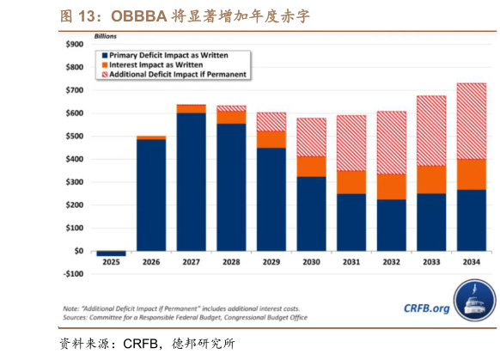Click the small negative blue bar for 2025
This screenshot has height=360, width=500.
tap(111, 253)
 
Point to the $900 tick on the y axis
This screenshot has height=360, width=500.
tap(75, 44)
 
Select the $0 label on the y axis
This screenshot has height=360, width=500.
tap(78, 251)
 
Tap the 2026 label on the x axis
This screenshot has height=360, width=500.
tap(151, 262)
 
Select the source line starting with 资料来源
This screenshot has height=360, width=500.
tap(146, 344)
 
